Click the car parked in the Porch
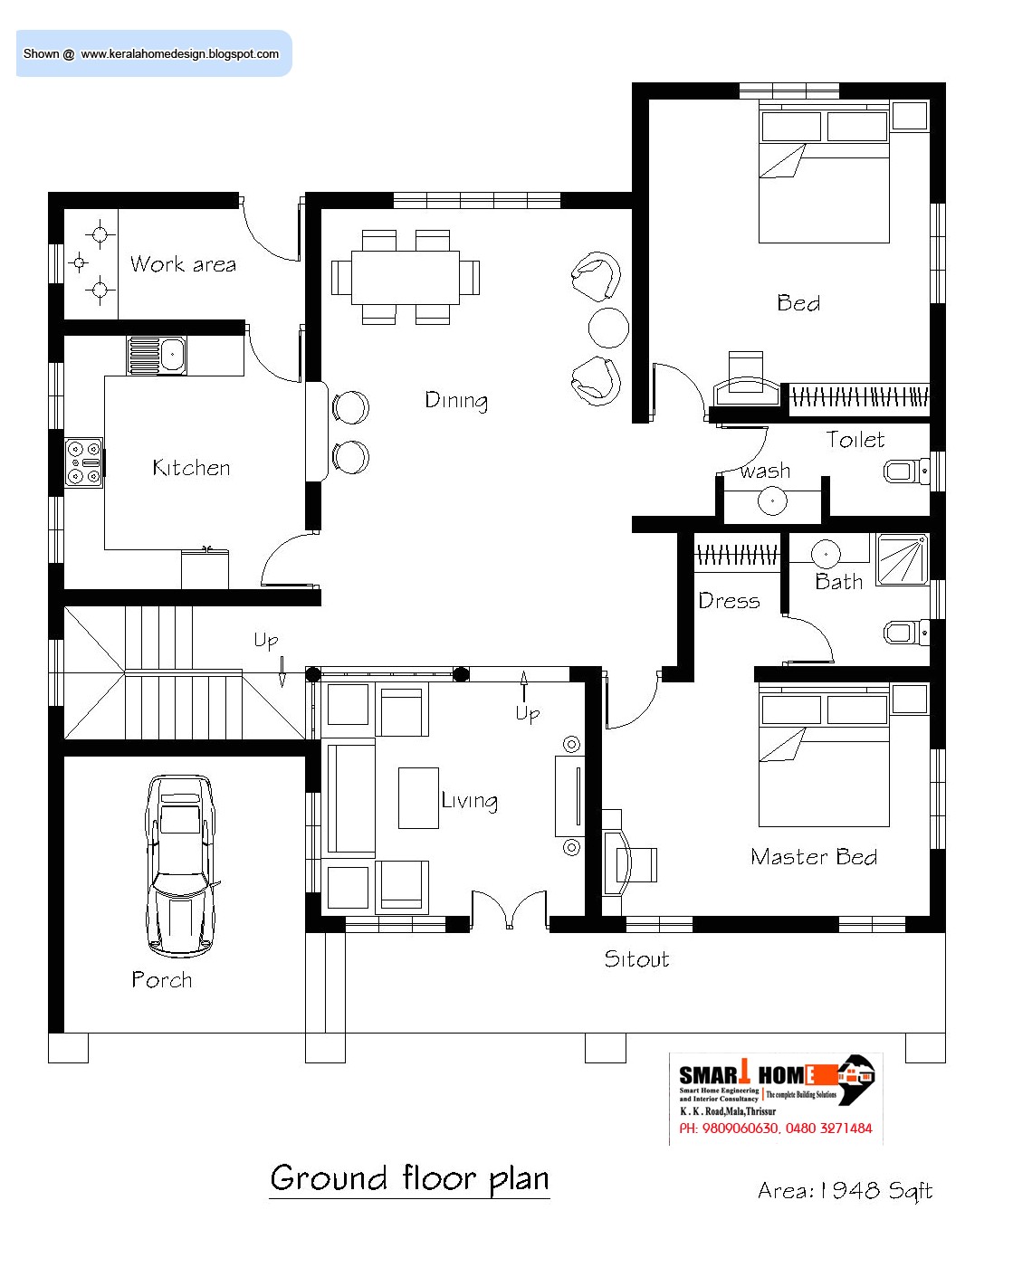[179, 865]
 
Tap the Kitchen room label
[191, 468]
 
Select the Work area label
[183, 263]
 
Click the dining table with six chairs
[405, 277]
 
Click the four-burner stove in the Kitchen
[83, 462]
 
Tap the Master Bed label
[813, 856]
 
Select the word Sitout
[635, 958]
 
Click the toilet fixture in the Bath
[906, 633]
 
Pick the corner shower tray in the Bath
[903, 559]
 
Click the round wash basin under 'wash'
[772, 500]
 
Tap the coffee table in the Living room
[418, 797]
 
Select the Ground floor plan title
[409, 1178]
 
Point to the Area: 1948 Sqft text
[845, 1191]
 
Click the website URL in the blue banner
[179, 53]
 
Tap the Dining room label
[456, 400]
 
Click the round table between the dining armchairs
[608, 328]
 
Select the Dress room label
[729, 600]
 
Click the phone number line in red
[776, 1129]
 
